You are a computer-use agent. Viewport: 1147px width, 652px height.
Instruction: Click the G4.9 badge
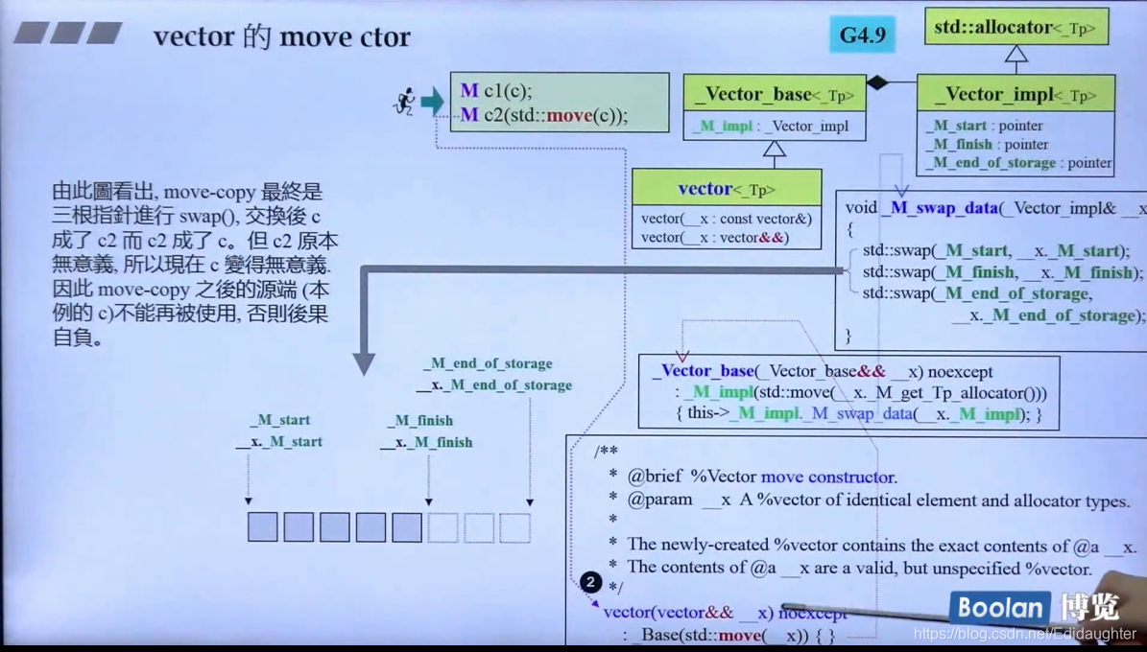pyautogui.click(x=862, y=35)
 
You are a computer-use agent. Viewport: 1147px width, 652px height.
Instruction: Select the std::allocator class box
pyautogui.click(x=1016, y=28)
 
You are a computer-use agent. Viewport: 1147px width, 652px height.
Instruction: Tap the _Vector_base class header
pyautogui.click(x=774, y=94)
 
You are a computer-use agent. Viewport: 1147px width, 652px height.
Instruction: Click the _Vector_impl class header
pyautogui.click(x=1016, y=94)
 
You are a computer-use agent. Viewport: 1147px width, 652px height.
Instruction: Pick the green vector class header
pyautogui.click(x=727, y=188)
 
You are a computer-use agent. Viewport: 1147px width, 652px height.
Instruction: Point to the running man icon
pyautogui.click(x=405, y=100)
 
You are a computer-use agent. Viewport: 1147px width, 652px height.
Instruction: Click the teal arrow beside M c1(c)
pyautogui.click(x=432, y=100)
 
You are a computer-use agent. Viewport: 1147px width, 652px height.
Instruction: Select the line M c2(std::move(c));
pyautogui.click(x=543, y=115)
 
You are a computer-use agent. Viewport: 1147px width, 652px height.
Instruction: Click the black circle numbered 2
pyautogui.click(x=590, y=582)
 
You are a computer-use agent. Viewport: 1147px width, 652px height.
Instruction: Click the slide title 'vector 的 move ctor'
pyautogui.click(x=281, y=36)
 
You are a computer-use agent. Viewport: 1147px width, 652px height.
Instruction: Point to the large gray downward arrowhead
pyautogui.click(x=364, y=362)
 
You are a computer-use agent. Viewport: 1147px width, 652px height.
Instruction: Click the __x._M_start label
pyautogui.click(x=279, y=442)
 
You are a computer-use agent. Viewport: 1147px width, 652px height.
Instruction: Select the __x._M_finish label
pyautogui.click(x=426, y=442)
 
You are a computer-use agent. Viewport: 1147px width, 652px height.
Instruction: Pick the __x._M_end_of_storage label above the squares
pyautogui.click(x=493, y=385)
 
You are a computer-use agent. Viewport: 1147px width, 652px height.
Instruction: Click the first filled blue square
pyautogui.click(x=262, y=527)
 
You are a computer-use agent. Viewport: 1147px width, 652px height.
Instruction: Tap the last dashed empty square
pyautogui.click(x=514, y=527)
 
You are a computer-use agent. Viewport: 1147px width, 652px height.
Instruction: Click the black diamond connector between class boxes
pyautogui.click(x=877, y=83)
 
